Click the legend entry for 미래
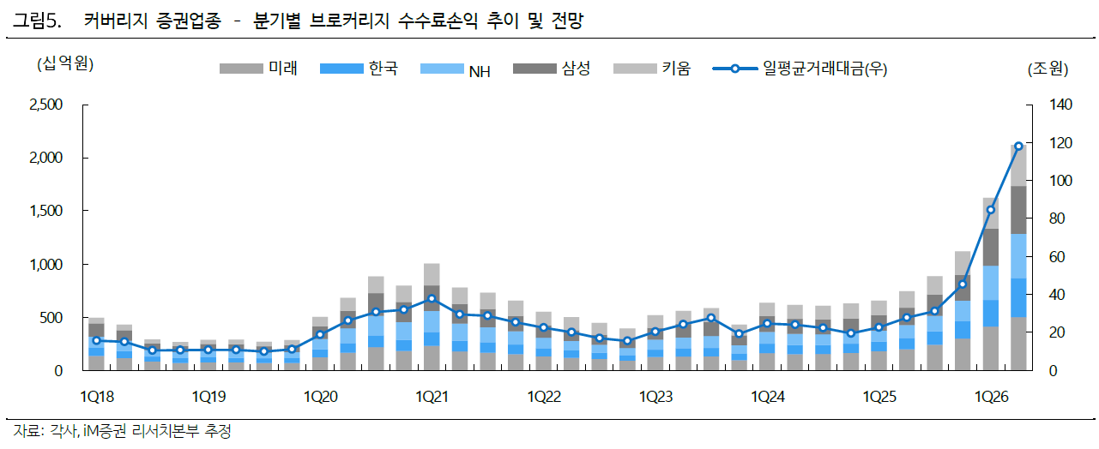tap(258, 69)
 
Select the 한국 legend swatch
tap(341, 69)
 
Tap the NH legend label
tap(480, 72)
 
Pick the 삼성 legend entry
tap(552, 69)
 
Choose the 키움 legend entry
tap(652, 69)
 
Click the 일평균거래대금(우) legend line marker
tap(734, 69)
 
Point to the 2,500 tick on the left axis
tap(46, 105)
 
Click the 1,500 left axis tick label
tap(46, 211)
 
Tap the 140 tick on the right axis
tap(1060, 105)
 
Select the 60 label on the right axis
tap(1057, 257)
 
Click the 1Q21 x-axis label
tap(432, 397)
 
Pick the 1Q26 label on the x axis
tap(991, 397)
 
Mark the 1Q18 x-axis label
tap(97, 397)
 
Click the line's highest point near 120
tap(1018, 146)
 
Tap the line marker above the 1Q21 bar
tap(432, 298)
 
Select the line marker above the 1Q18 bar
tap(96, 340)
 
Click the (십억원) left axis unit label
tap(65, 63)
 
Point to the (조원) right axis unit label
tap(1048, 69)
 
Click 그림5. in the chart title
tap(37, 21)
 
